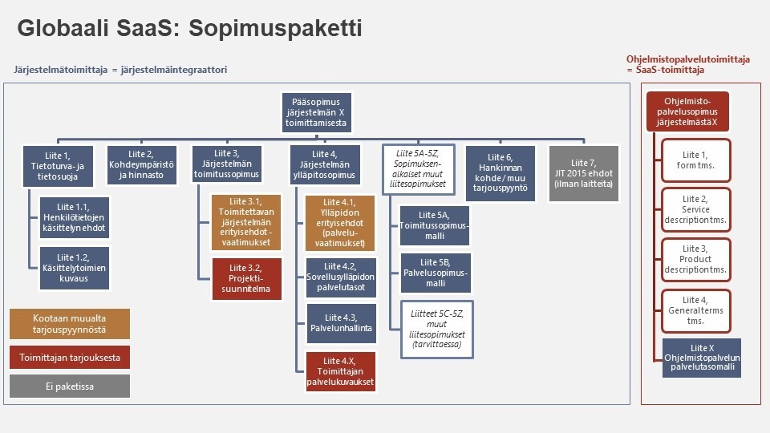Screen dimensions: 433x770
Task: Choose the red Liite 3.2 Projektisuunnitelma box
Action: (x=247, y=277)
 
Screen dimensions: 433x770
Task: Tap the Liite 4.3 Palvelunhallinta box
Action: (x=340, y=322)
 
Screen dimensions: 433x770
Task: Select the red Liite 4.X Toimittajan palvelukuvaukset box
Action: (x=340, y=370)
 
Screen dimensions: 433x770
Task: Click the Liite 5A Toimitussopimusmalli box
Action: (x=435, y=226)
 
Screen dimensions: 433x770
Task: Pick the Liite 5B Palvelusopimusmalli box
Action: (x=435, y=272)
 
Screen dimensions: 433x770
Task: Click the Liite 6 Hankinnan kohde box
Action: (x=500, y=165)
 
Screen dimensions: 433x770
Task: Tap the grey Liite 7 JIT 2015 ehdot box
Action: (x=584, y=165)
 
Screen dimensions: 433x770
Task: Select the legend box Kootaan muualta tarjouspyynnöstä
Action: (x=69, y=323)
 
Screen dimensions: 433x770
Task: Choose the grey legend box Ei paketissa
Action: (x=69, y=386)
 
